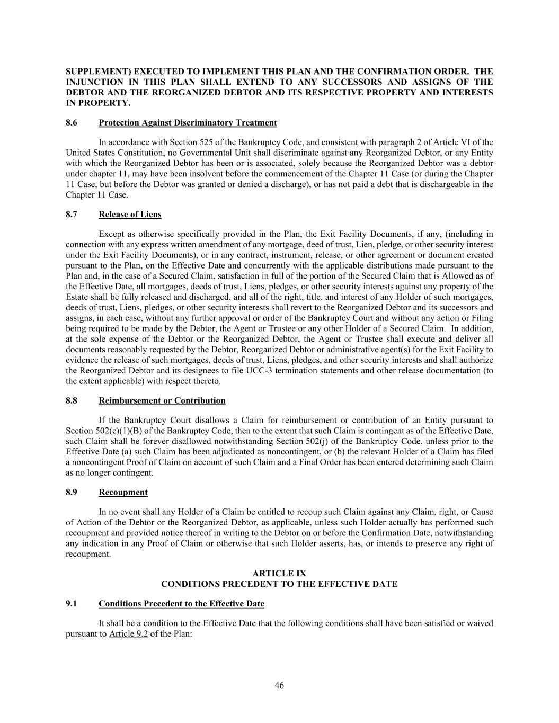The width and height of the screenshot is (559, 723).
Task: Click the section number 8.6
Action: click(72, 123)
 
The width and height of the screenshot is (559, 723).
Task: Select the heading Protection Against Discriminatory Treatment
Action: click(188, 123)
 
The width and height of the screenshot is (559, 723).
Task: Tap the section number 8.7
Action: click(72, 215)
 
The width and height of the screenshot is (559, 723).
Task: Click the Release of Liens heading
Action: click(130, 215)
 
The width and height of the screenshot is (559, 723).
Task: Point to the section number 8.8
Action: click(72, 401)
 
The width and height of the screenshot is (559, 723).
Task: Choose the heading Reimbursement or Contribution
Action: click(162, 401)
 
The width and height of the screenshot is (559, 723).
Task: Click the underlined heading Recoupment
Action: click(123, 493)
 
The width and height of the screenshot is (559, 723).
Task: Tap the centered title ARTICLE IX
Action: click(279, 574)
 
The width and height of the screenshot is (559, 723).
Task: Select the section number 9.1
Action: click(72, 604)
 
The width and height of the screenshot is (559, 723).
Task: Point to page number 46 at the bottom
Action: click(279, 685)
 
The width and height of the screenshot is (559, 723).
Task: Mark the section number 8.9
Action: click(72, 493)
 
